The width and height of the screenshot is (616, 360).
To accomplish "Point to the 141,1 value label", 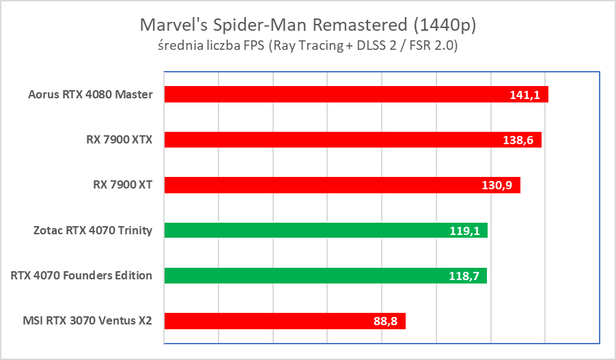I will (x=524, y=95).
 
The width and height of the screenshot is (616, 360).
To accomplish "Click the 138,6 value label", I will (x=518, y=140).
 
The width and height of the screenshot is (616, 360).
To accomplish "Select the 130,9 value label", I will (x=496, y=185).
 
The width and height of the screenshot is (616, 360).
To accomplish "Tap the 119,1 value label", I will (x=464, y=230).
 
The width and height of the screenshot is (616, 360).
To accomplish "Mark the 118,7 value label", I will (x=463, y=275).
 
